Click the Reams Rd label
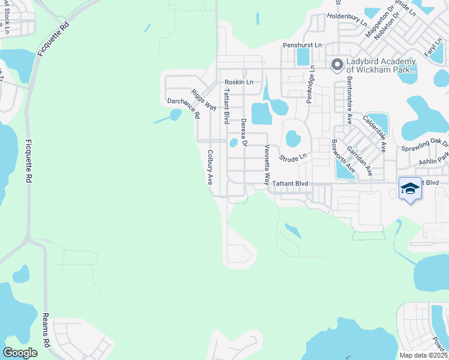[45, 331]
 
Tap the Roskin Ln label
[239, 82]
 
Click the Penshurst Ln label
[303, 45]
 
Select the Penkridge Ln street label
[310, 84]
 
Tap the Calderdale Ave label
[373, 131]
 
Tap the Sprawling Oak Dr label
[424, 145]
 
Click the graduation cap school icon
[411, 189]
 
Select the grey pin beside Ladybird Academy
[337, 64]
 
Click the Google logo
[20, 353]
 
